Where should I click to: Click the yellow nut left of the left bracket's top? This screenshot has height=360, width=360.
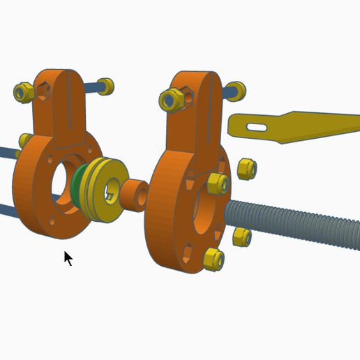tap(22, 91)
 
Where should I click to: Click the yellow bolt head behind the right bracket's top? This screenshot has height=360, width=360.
tap(237, 90)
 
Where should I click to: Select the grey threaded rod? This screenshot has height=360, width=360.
tap(300, 222)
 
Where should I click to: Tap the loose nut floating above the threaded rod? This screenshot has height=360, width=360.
tap(246, 169)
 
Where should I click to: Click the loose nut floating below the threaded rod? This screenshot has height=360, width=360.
tap(241, 237)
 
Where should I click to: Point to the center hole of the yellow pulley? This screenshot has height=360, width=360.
tap(112, 189)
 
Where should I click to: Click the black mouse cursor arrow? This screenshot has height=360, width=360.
tap(68, 258)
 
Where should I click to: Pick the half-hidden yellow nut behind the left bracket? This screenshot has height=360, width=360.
tap(24, 140)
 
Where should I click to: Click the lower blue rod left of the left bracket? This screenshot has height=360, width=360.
tap(7, 208)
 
